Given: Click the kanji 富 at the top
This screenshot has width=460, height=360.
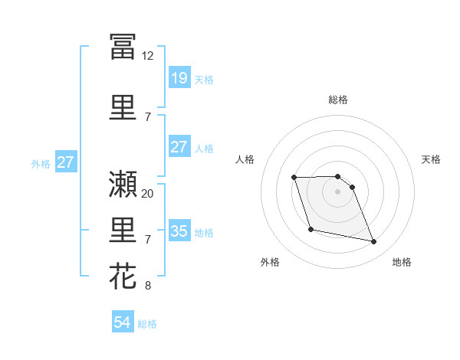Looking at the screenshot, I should coord(123,47).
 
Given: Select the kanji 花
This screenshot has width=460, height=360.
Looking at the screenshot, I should coord(123,277).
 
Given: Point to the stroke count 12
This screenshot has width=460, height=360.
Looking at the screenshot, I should coord(148,56).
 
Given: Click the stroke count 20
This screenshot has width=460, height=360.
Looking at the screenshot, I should coord(148,193).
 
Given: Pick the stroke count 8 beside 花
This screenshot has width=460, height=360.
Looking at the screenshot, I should coord(148,286).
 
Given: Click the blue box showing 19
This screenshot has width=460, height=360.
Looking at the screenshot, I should coord(179,78).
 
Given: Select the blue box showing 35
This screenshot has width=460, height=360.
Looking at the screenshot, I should coord(179,231).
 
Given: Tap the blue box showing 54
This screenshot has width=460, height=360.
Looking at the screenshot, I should coord(122,323).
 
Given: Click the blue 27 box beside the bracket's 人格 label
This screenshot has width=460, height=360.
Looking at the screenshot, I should coord(179,147).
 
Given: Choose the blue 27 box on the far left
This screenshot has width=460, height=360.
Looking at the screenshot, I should coord(65,162).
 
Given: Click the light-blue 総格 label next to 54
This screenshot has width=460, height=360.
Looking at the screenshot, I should coord(147,324).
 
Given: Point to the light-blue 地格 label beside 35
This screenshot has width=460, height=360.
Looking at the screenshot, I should coord(204,232).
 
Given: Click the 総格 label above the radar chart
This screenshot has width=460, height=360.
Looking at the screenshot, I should coord(338,100).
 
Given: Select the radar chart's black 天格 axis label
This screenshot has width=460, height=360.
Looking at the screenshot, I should coord(432,159).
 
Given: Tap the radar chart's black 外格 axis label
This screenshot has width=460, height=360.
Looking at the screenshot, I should coord(270,262).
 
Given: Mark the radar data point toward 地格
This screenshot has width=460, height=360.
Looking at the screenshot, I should coord(374,242).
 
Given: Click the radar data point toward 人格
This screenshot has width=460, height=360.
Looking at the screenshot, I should coord(294,178).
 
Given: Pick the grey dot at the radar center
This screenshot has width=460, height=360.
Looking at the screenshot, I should coord(338,191).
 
